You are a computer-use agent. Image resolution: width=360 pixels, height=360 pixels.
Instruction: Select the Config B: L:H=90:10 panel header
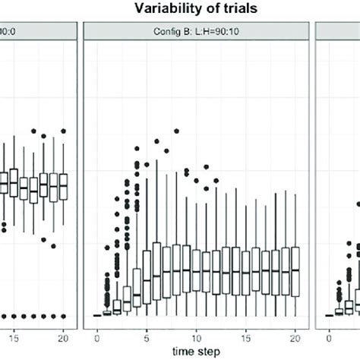197,30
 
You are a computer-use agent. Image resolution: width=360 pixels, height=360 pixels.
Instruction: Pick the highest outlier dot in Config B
158,140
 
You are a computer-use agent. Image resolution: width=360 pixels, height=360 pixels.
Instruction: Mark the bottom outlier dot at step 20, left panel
64,315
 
